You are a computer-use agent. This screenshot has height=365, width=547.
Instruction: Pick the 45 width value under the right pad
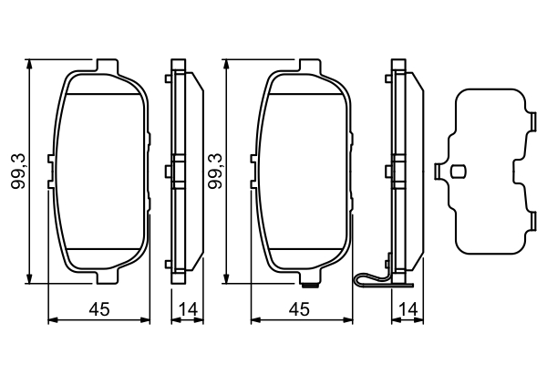point(297,310)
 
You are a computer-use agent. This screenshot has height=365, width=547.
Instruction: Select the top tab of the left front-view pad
point(107,66)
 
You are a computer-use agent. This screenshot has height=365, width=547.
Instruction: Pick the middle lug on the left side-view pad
point(170,170)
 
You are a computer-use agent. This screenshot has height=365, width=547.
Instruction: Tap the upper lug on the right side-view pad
point(390,79)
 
